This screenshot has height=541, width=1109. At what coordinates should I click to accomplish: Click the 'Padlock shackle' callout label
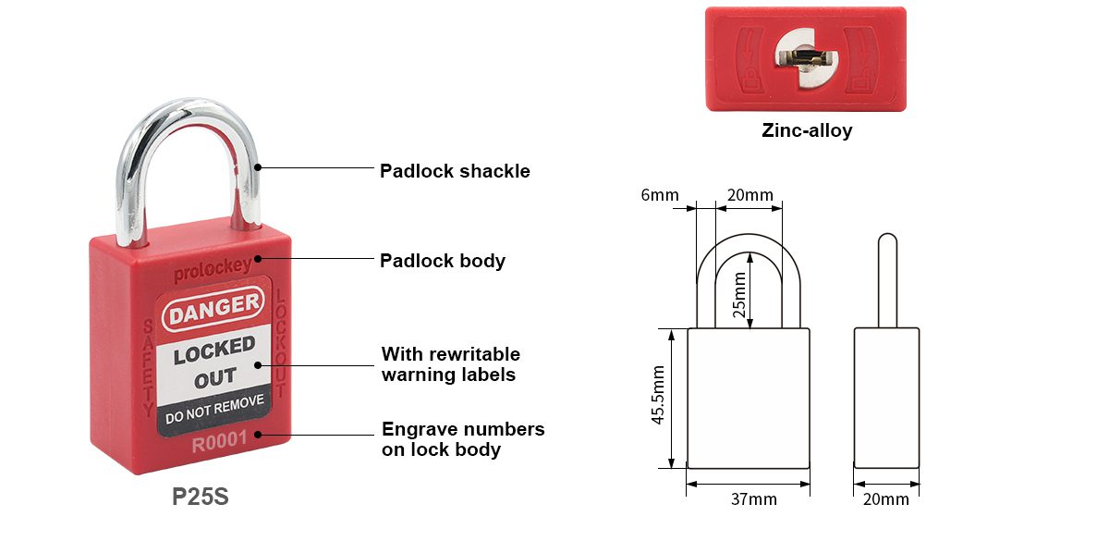click(455, 171)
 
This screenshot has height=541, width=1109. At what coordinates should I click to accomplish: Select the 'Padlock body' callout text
click(442, 261)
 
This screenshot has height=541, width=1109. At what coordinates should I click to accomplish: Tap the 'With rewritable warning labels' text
click(451, 364)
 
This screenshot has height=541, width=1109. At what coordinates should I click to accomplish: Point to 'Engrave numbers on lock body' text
click(463, 439)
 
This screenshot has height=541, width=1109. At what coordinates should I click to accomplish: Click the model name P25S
click(201, 497)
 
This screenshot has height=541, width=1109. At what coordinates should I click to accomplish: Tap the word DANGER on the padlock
click(213, 308)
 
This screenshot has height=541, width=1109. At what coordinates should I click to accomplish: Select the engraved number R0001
click(219, 441)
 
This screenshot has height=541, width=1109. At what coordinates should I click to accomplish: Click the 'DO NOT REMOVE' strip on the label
click(214, 410)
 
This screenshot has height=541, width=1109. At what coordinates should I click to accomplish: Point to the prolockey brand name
click(213, 270)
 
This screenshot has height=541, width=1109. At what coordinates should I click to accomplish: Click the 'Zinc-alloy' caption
click(807, 130)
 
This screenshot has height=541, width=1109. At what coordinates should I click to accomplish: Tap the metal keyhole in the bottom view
click(806, 58)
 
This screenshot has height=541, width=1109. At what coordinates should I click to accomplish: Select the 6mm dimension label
click(660, 195)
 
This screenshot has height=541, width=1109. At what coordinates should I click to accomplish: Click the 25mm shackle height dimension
click(739, 294)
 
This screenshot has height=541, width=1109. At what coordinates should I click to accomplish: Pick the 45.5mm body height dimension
click(657, 395)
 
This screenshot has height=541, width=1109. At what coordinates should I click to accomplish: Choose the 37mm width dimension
click(753, 498)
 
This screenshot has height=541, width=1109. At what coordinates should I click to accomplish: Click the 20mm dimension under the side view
click(885, 498)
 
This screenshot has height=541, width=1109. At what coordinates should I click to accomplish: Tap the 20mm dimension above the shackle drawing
click(750, 195)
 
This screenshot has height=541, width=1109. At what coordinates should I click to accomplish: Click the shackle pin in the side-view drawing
click(887, 280)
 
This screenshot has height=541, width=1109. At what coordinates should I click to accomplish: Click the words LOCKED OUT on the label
click(214, 363)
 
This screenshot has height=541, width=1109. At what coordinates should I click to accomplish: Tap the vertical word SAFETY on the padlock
click(148, 367)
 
